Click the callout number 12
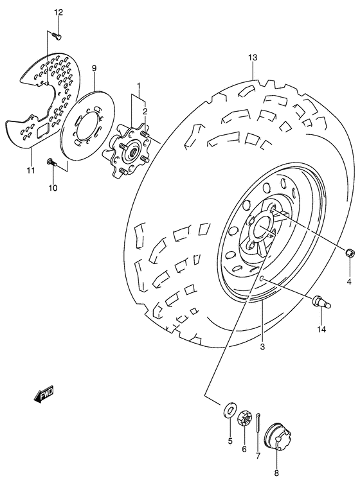coord(59,12)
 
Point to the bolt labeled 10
coord(52,163)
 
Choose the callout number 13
coord(253,58)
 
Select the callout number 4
coord(350,281)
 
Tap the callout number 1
coord(138,86)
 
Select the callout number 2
coord(145,110)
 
